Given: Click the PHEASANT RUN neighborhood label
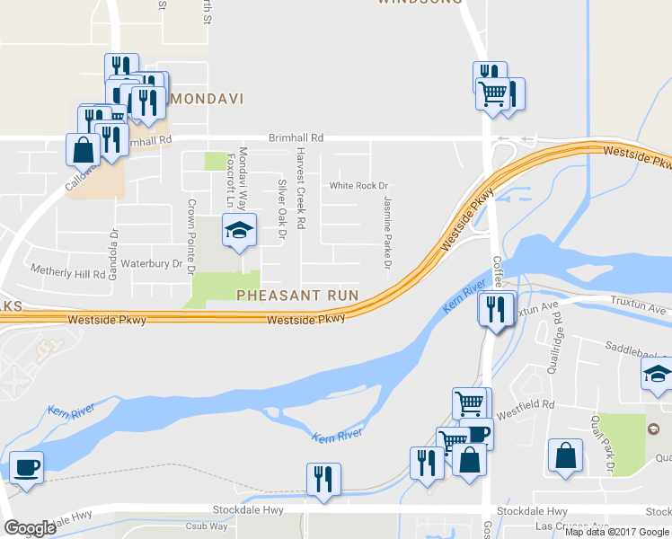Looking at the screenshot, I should click(297, 295).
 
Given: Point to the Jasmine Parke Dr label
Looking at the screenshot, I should click(388, 233).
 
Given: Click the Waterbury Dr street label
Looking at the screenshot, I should click(158, 265).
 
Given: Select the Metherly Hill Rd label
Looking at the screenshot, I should click(68, 270).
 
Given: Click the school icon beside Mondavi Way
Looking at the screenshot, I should click(239, 232).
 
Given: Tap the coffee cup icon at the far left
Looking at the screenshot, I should click(25, 468).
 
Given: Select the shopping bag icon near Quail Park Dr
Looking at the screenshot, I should click(566, 455).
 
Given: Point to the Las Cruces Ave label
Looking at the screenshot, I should click(571, 526).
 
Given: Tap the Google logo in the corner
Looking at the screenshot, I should click(30, 528).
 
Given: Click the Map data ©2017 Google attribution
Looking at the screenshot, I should click(617, 532).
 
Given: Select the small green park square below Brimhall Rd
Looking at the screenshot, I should click(215, 161).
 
